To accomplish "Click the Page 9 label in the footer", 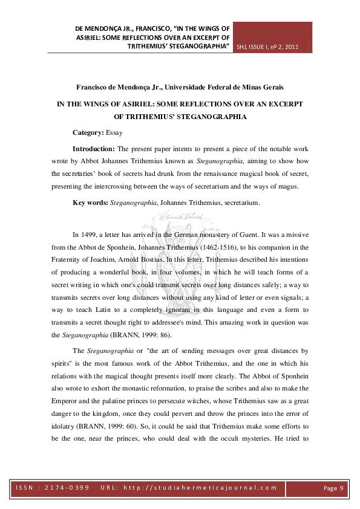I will (x=333, y=487).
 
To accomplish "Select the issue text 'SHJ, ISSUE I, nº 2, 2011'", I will (x=268, y=46).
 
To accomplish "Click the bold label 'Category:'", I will (x=88, y=132).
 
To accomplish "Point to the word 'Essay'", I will (x=114, y=132).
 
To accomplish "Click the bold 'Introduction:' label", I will (x=94, y=148).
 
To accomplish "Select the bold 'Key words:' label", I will (x=90, y=203).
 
